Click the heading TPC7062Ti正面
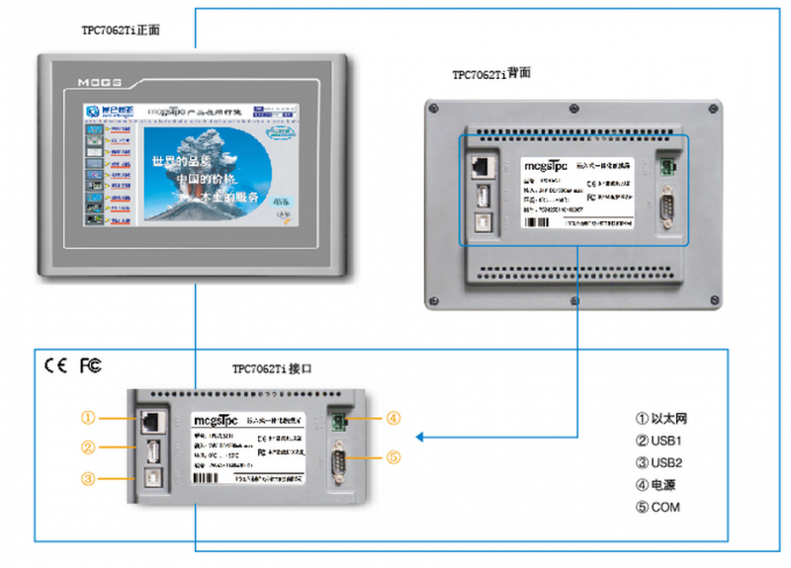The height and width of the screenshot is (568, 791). pyautogui.click(x=121, y=31)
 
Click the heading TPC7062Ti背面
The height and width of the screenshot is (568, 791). pyautogui.click(x=492, y=74)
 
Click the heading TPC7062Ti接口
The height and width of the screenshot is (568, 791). pyautogui.click(x=273, y=369)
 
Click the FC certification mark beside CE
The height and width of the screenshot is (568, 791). pyautogui.click(x=90, y=365)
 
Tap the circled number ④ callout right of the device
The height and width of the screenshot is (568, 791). pyautogui.click(x=393, y=418)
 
